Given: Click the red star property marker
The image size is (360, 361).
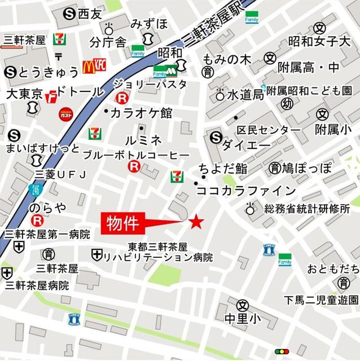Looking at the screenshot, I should click(196, 222).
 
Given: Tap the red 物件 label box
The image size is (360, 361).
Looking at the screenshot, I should click(123, 223).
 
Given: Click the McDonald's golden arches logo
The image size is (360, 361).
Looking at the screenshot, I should click(88, 67).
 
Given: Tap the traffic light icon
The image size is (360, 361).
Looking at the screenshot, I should click(281, 351).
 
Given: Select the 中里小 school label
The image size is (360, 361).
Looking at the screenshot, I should click(243, 319).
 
